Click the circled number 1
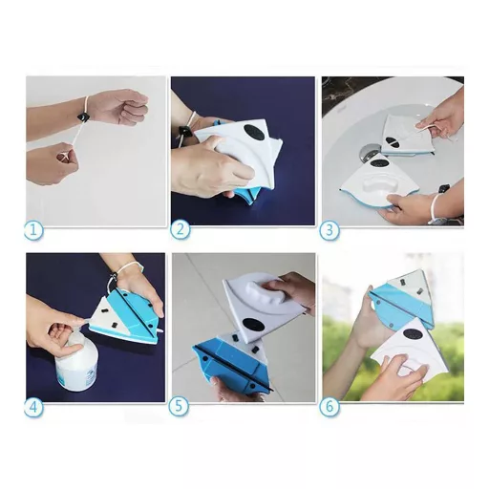tap(33, 230)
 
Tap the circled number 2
tap(181, 230)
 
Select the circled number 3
tap(330, 230)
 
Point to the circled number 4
tap(33, 407)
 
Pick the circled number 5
tap(179, 407)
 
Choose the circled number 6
tap(330, 407)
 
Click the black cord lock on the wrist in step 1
tap(82, 117)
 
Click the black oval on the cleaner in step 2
tap(254, 132)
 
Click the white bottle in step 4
tap(75, 359)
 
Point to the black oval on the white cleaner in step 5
tap(253, 327)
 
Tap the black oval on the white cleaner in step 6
tap(412, 335)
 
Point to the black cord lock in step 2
tap(184, 132)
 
